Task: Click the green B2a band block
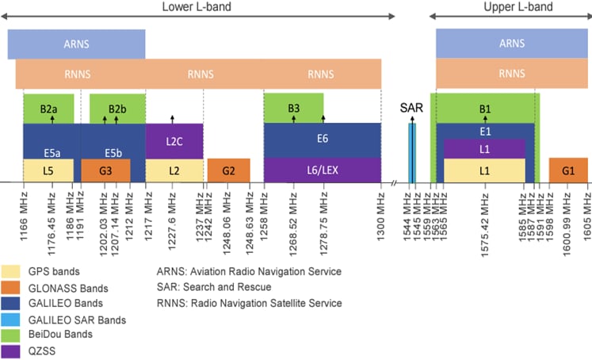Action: [48, 108]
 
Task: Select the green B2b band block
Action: [117, 108]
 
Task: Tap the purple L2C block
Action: [174, 140]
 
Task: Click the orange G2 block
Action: [228, 170]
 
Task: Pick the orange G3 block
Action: [105, 170]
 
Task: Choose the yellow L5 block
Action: [48, 170]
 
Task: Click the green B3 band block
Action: [293, 108]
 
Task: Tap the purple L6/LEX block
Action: [322, 170]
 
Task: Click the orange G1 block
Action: [568, 170]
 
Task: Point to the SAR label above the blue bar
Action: [411, 108]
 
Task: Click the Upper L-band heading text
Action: [518, 7]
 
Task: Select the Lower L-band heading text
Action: [193, 7]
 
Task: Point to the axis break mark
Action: [394, 183]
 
